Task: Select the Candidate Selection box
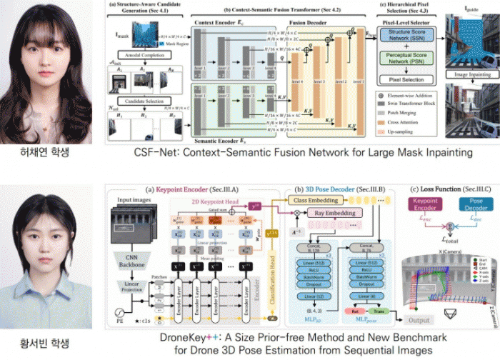(x=142, y=102)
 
